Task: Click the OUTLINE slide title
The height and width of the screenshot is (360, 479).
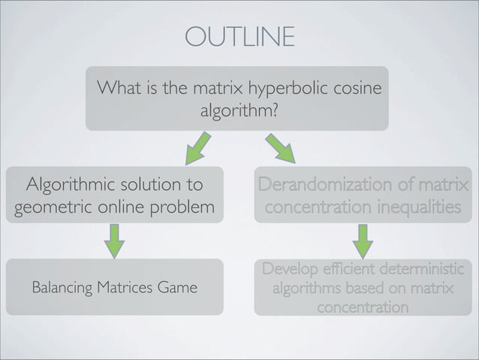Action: click(x=239, y=36)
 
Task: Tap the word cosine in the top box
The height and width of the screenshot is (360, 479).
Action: click(x=357, y=91)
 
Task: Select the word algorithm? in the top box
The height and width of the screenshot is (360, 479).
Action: click(x=239, y=113)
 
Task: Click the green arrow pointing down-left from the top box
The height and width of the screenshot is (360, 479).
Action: click(x=199, y=148)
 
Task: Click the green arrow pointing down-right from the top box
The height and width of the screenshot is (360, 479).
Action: click(x=280, y=148)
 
